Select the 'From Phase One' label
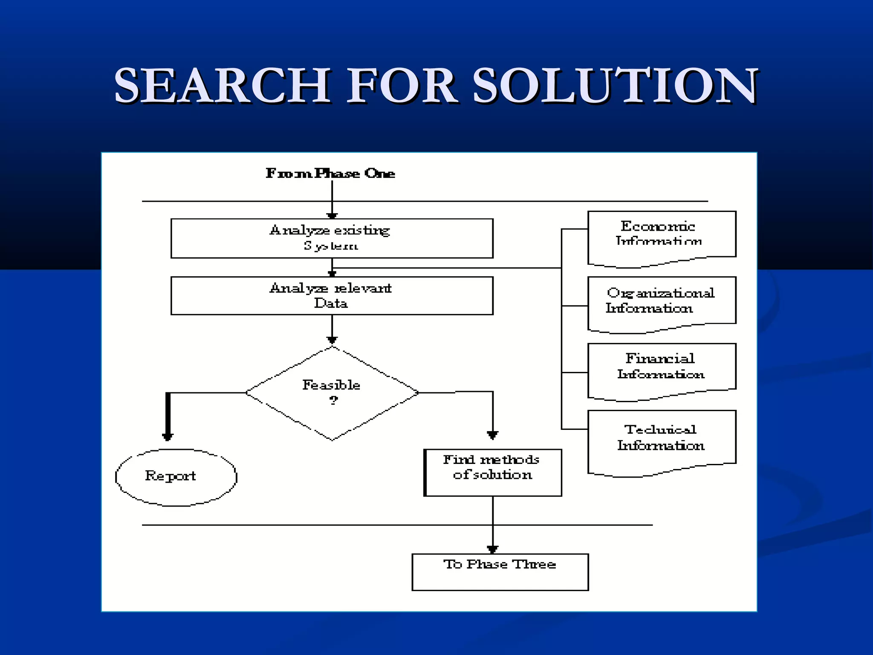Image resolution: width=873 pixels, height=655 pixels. (330, 173)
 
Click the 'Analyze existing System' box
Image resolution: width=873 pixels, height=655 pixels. (332, 238)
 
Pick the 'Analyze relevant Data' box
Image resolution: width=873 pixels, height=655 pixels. (332, 296)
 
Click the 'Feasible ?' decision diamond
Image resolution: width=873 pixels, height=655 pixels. (332, 393)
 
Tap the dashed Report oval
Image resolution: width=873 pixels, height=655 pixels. (176, 477)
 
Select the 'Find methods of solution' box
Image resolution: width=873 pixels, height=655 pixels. (493, 472)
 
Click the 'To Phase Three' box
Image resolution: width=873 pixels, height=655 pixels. (500, 572)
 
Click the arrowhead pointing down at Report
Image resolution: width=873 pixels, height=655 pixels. (168, 436)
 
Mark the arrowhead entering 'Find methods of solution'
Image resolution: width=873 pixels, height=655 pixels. (493, 435)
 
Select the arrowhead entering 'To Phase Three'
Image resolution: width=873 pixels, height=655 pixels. (493, 549)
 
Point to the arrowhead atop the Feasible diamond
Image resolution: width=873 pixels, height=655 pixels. (332, 340)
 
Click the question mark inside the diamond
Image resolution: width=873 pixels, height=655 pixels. (333, 400)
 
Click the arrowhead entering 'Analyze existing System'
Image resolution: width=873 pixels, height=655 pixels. (332, 216)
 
